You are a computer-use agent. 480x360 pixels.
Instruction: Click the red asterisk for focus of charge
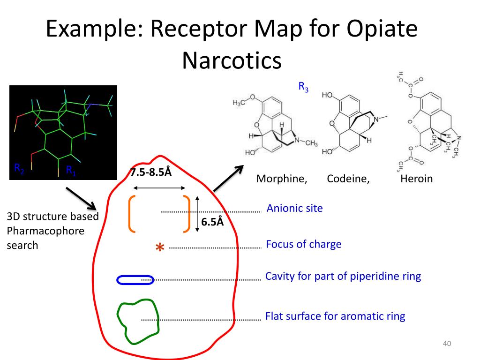click(x=160, y=247)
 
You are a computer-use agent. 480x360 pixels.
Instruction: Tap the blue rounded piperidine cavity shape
click(x=135, y=280)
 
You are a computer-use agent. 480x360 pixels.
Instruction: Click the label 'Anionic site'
click(x=294, y=208)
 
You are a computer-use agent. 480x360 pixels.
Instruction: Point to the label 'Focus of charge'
click(x=303, y=244)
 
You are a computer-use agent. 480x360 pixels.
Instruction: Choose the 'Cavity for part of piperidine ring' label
click(x=343, y=276)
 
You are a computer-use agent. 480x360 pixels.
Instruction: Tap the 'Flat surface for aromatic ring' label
click(x=335, y=316)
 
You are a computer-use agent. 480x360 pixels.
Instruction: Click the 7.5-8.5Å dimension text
click(x=151, y=172)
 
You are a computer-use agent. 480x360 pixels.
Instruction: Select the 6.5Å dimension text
click(x=212, y=222)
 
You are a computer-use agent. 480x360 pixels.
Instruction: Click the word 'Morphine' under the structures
click(x=281, y=179)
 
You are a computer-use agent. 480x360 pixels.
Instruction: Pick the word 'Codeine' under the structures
click(x=348, y=179)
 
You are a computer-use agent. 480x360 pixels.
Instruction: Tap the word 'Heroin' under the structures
click(x=416, y=179)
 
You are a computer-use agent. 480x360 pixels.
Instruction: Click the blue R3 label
click(x=303, y=87)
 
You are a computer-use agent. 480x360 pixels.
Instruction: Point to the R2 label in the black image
click(x=19, y=168)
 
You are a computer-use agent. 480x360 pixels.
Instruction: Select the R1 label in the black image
click(x=71, y=170)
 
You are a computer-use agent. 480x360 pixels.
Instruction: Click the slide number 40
click(x=446, y=345)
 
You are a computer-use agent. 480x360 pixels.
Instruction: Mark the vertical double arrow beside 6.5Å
click(x=197, y=213)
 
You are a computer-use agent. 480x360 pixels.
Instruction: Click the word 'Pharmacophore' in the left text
click(x=45, y=231)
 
